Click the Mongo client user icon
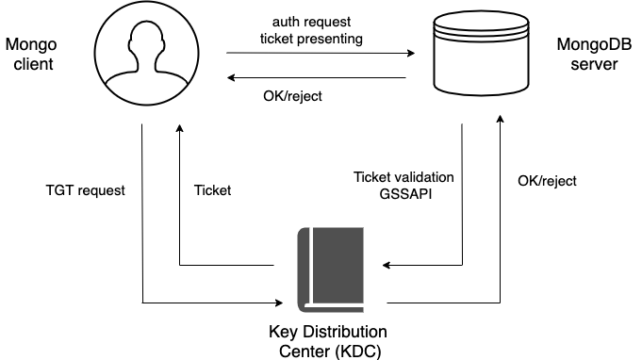pyautogui.click(x=146, y=53)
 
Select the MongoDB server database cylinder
pyautogui.click(x=481, y=53)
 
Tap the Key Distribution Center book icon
pyautogui.click(x=331, y=270)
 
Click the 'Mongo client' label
pyautogui.click(x=31, y=54)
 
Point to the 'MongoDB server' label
pyautogui.click(x=594, y=54)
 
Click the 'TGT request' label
pyautogui.click(x=85, y=190)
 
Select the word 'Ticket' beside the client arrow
pyautogui.click(x=212, y=190)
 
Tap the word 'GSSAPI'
pyautogui.click(x=405, y=193)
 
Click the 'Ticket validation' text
pyautogui.click(x=403, y=177)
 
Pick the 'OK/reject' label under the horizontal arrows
pyautogui.click(x=292, y=96)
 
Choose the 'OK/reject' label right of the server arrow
pyautogui.click(x=547, y=181)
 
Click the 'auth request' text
pyautogui.click(x=312, y=22)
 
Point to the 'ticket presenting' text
pyautogui.click(x=312, y=39)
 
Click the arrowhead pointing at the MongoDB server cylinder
pyautogui.click(x=411, y=53)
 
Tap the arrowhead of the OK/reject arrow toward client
pyautogui.click(x=231, y=77)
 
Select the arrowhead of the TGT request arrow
pyautogui.click(x=279, y=303)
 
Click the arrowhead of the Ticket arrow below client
pyautogui.click(x=179, y=128)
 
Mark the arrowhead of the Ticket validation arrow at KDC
pyautogui.click(x=387, y=265)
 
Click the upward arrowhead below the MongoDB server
pyautogui.click(x=500, y=119)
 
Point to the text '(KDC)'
pyautogui.click(x=358, y=351)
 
